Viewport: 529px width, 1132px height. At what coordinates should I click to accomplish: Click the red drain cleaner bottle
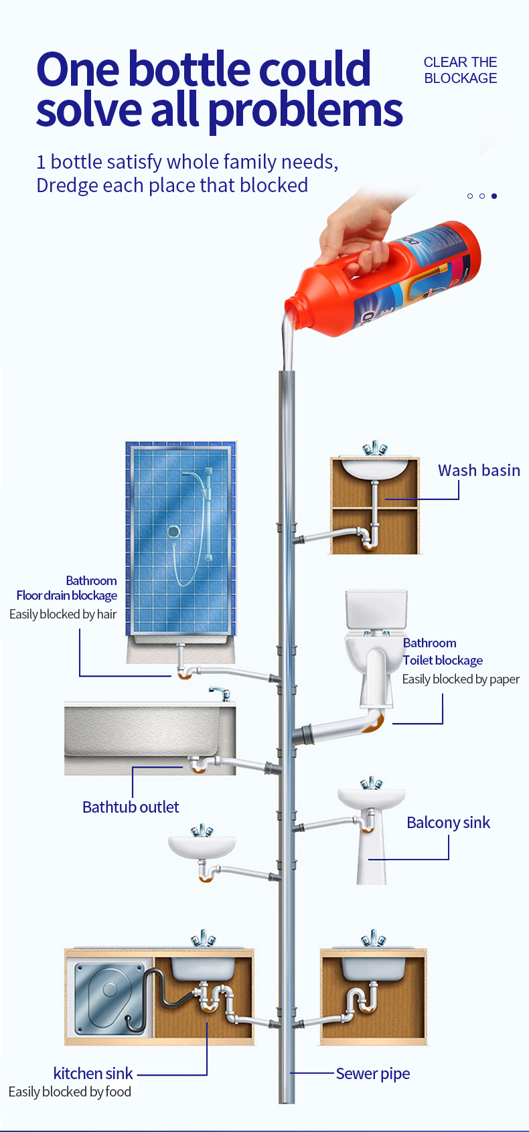402,278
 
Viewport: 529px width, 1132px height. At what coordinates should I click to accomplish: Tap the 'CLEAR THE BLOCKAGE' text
460,70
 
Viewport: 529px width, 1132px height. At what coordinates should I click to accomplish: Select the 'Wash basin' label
479,471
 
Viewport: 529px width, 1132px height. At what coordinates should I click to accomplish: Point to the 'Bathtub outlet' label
131,807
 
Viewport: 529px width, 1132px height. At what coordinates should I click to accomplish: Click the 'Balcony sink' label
448,823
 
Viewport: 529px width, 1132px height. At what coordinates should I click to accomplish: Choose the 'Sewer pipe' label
372,1074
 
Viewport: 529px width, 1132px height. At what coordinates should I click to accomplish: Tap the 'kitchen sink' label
93,1074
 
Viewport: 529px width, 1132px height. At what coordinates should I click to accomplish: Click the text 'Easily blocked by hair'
63,615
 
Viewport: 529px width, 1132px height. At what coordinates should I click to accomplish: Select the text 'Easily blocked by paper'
461,679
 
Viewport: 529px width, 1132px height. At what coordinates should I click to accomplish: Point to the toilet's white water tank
376,609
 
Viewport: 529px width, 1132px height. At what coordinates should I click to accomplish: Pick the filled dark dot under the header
494,196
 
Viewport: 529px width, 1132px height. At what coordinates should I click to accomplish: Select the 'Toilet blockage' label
443,661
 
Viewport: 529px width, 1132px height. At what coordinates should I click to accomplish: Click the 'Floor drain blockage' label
67,596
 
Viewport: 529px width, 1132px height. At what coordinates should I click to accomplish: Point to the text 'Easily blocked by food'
70,1092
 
